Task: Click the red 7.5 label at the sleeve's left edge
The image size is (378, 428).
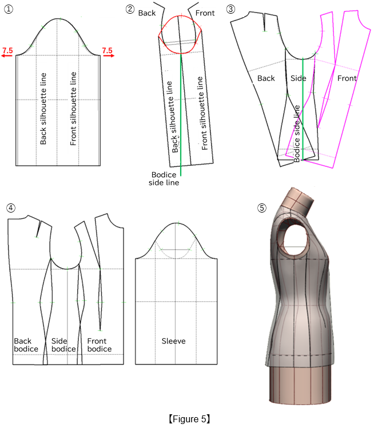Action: pyautogui.click(x=7, y=51)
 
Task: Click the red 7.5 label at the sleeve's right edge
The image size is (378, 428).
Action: pyautogui.click(x=107, y=51)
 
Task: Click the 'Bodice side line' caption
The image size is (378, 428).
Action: pyautogui.click(x=164, y=178)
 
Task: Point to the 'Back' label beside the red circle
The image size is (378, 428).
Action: pyautogui.click(x=147, y=13)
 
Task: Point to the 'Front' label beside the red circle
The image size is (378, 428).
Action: pyautogui.click(x=205, y=13)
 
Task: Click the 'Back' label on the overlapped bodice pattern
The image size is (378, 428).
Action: pyautogui.click(x=266, y=78)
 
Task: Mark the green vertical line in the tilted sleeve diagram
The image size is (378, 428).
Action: pyautogui.click(x=180, y=114)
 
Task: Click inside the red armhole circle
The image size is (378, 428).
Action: pyautogui.click(x=180, y=32)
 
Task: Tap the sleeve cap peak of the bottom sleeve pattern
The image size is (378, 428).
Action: pyautogui.click(x=178, y=222)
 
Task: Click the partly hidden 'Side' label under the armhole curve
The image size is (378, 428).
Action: pyautogui.click(x=297, y=78)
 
